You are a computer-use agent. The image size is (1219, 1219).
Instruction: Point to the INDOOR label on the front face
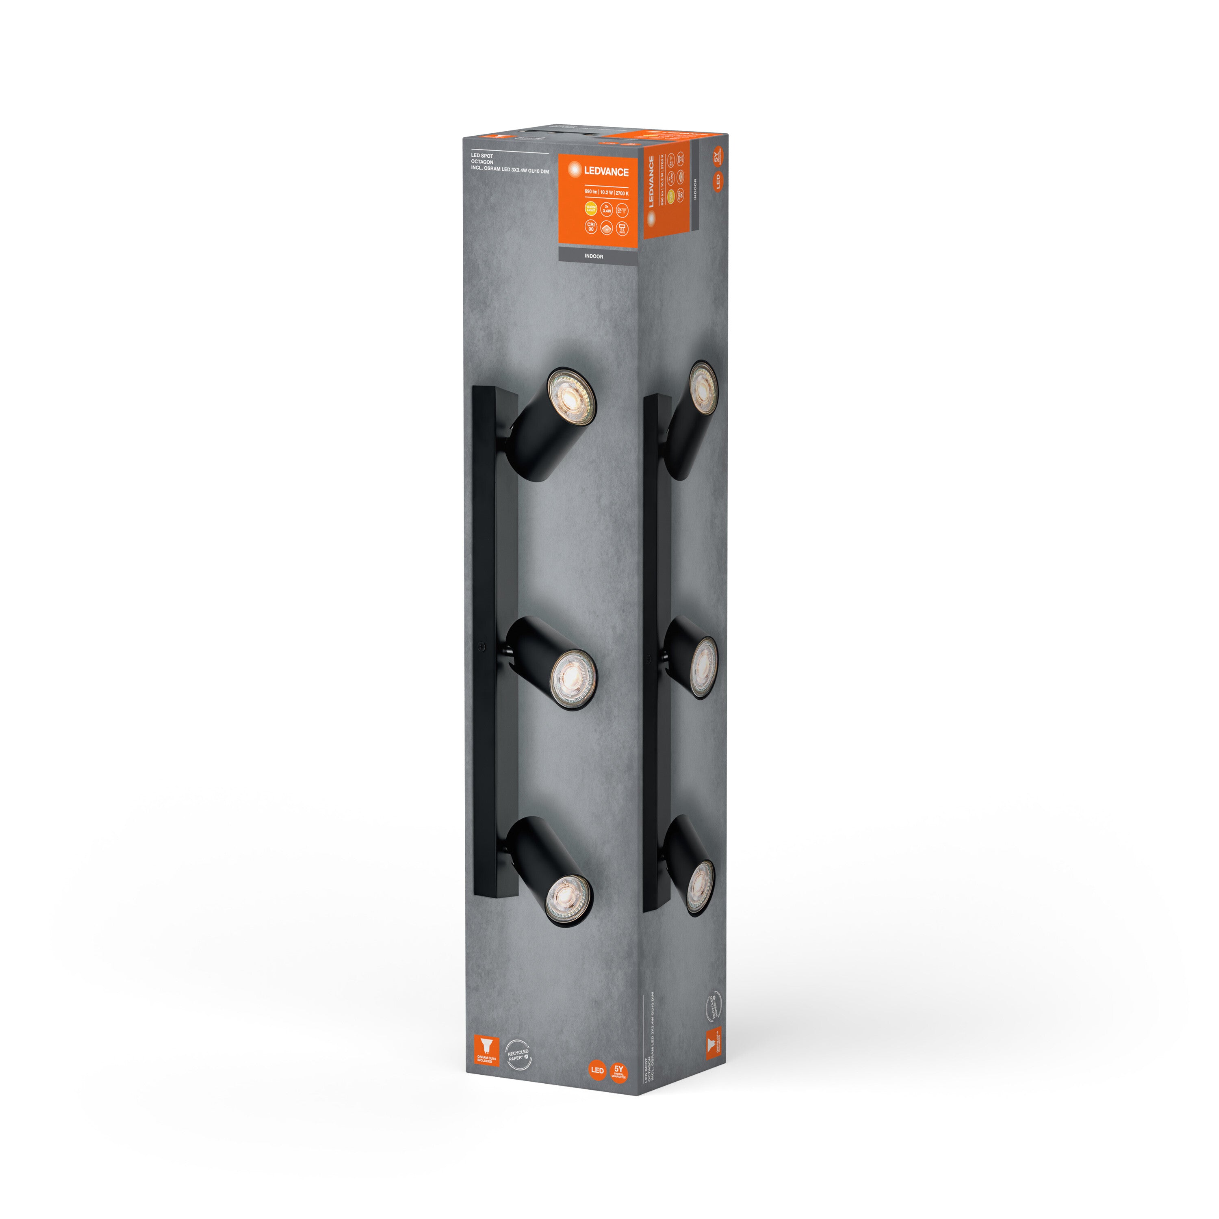(593, 256)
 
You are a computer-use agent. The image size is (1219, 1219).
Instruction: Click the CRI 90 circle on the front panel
(591, 226)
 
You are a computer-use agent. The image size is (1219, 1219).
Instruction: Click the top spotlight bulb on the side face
(703, 387)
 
